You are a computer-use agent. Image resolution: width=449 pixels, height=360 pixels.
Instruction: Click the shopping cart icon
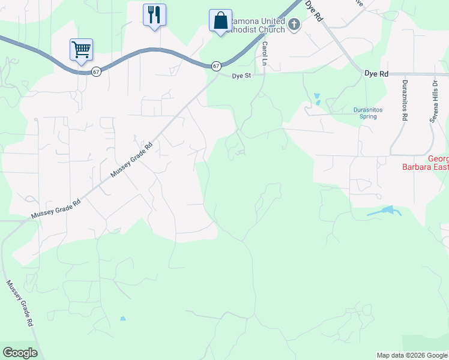coord(80,49)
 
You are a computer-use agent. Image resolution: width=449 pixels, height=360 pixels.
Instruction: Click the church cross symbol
coord(294,25)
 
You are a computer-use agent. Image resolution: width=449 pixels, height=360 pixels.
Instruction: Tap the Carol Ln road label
coord(264,50)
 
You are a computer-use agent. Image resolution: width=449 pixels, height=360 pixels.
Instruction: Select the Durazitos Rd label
coord(405,101)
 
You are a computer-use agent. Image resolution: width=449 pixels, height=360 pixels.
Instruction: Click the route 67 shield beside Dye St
coord(216,65)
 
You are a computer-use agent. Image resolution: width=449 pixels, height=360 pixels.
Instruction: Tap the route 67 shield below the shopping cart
coord(96,71)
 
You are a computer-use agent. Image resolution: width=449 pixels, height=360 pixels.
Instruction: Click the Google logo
coord(20,353)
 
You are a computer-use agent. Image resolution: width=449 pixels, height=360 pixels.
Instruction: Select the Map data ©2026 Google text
coord(412,355)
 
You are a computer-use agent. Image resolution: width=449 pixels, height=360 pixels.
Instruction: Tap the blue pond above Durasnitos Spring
coord(316,96)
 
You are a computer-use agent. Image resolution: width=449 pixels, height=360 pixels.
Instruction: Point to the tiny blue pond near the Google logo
coord(123,319)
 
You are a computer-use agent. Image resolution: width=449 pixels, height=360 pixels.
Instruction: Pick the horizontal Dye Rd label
coord(376,73)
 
